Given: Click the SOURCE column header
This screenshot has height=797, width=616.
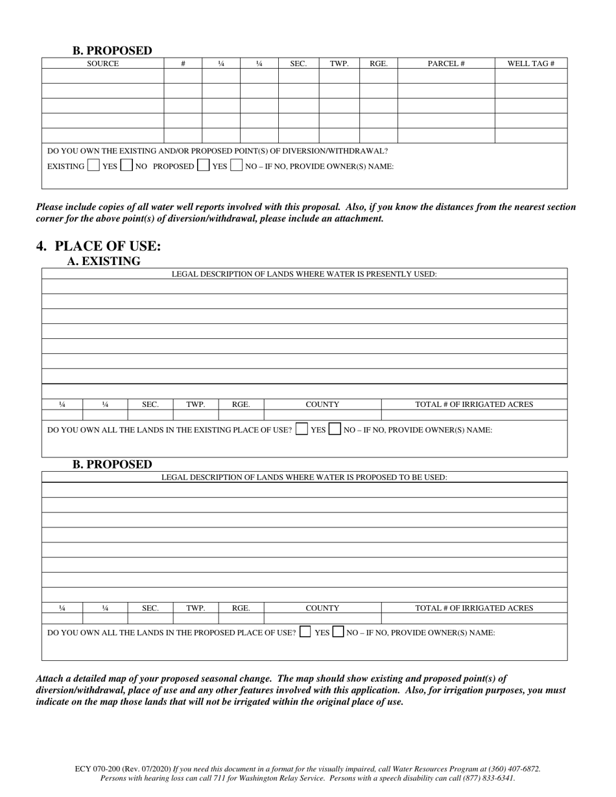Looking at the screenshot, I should tap(102, 64).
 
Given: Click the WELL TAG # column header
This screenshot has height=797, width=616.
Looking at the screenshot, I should tap(530, 64).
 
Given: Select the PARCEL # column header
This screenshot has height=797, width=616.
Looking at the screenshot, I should tap(446, 64).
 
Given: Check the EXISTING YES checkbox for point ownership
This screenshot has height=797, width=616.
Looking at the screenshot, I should tap(93, 166).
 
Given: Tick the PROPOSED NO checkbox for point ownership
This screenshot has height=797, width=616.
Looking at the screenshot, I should tap(236, 166).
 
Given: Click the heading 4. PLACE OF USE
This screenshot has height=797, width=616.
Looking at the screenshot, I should tap(99, 246).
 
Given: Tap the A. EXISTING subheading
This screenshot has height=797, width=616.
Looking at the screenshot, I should tap(104, 261).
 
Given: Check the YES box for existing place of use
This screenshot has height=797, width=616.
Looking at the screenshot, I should tap(302, 429).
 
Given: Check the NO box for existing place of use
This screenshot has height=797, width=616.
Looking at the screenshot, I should tap(335, 429).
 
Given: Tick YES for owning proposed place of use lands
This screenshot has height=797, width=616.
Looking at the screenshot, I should tap(305, 632).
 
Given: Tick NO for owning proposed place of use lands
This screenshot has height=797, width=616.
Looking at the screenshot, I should tap(338, 632).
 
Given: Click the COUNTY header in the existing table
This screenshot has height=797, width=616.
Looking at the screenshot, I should tap(322, 404).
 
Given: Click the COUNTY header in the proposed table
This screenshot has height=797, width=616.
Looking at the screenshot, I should tap(322, 608).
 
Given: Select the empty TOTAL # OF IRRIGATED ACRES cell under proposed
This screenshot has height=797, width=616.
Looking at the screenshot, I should tap(473, 618).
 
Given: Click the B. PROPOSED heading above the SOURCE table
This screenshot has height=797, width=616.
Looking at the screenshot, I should tap(112, 51).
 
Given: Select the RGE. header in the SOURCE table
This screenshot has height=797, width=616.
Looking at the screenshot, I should tap(379, 64).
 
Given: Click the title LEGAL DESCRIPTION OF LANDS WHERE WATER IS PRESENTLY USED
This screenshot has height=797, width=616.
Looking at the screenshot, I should tap(304, 274).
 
